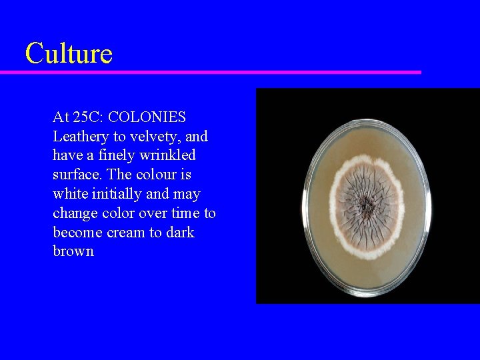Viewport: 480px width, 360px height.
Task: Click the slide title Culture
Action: click(x=69, y=53)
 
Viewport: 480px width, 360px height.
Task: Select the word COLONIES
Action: click(x=147, y=117)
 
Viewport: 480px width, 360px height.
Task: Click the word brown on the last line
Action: click(x=73, y=251)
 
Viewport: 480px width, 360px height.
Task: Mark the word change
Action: click(x=74, y=213)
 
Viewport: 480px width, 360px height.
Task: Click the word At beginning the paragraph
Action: click(x=61, y=117)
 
